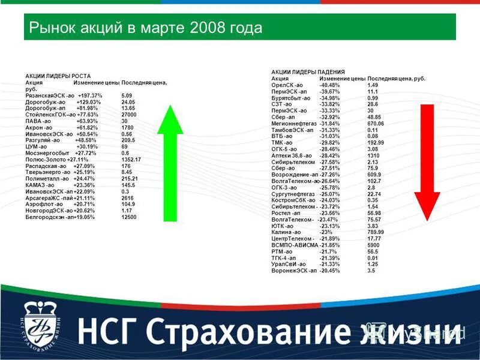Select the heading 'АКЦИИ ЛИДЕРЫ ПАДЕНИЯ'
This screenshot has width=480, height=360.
pos(304,72)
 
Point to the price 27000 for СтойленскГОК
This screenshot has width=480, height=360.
pos(129,114)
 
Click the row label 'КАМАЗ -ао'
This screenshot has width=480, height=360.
pos(41,185)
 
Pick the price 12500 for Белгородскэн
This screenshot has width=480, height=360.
pos(129,217)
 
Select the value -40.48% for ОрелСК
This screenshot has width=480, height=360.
pos(329,85)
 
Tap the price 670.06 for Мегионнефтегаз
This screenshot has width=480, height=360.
pos(376,123)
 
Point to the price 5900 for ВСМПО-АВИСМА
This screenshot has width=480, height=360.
pos(373,245)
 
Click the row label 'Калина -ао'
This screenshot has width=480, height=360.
pos(282,232)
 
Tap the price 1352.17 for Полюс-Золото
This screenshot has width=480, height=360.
pos(131,160)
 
